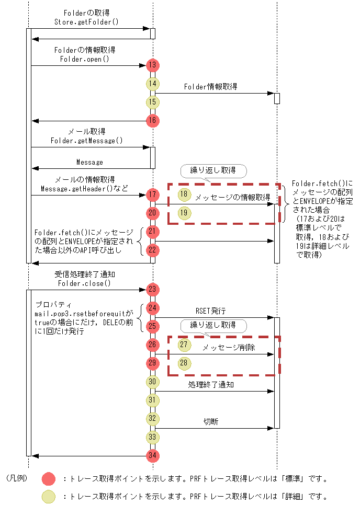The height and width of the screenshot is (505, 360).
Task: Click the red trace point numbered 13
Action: click(x=153, y=65)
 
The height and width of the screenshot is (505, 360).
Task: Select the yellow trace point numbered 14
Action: click(x=153, y=83)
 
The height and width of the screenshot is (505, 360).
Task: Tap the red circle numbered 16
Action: click(x=153, y=121)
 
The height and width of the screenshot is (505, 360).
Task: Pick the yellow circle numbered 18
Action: click(x=184, y=194)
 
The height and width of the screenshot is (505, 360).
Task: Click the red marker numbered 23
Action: click(x=153, y=289)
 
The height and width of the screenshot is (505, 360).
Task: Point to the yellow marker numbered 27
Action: click(x=184, y=345)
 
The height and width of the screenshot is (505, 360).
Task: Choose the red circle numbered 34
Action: click(x=153, y=456)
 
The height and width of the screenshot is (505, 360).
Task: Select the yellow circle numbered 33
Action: click(x=153, y=437)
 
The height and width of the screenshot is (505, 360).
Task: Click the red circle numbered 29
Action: click(x=153, y=363)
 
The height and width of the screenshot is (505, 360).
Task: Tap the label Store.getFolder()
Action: click(x=87, y=22)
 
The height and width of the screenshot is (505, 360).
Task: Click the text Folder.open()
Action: click(x=85, y=59)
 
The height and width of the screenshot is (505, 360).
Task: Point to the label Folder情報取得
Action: click(x=210, y=87)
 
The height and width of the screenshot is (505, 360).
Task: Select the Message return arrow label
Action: click(x=89, y=162)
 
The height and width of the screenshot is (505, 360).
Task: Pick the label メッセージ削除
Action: click(x=229, y=348)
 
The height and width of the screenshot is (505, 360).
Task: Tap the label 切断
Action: click(x=211, y=421)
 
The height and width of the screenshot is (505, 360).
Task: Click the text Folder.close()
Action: click(x=85, y=283)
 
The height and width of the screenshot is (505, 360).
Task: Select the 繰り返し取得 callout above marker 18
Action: click(x=213, y=170)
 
